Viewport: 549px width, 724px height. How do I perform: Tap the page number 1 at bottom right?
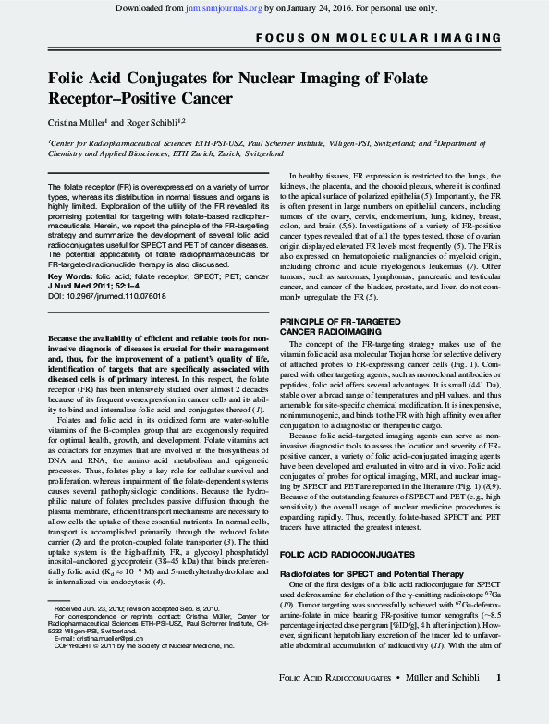pos(498,704)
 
